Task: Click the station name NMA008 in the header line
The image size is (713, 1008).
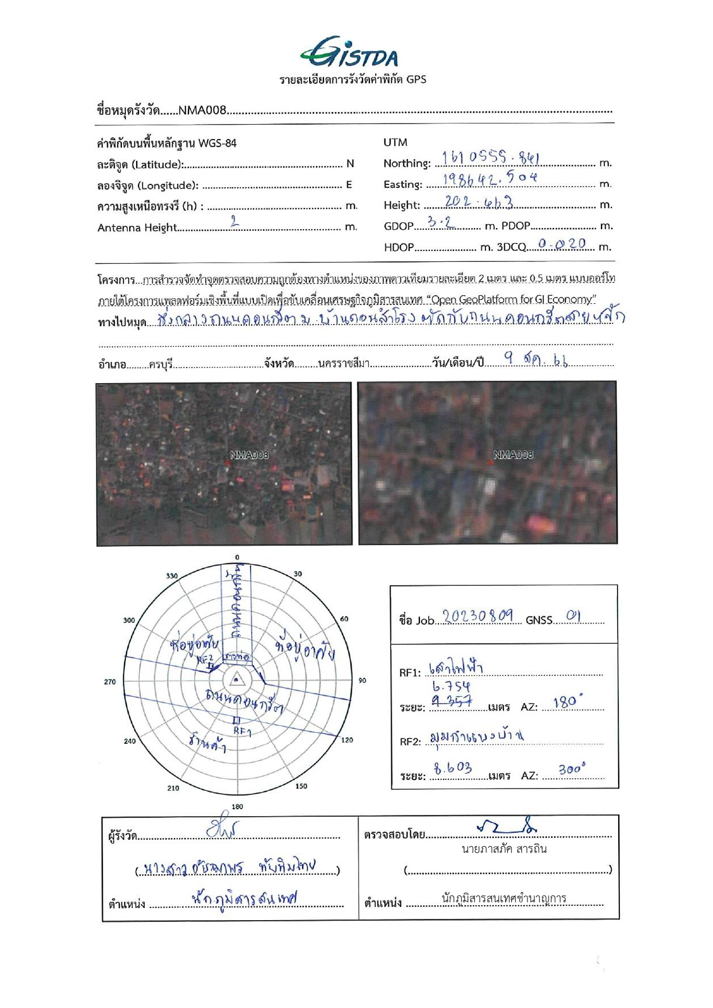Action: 202,110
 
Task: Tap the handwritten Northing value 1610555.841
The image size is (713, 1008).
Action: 490,157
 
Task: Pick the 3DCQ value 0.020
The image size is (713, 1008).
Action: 562,244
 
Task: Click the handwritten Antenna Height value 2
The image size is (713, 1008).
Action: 234,222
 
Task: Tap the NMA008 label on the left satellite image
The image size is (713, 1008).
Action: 249,455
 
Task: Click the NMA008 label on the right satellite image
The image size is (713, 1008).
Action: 513,455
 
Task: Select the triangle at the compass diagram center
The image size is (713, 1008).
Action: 236,681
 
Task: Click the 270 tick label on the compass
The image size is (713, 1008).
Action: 110,682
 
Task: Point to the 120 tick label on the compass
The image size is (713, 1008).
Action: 347,740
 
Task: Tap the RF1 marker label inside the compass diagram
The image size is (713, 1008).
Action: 242,732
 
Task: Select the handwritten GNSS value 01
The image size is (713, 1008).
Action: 573,616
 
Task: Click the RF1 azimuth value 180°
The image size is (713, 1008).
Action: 568,702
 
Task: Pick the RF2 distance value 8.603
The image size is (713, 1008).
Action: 453,768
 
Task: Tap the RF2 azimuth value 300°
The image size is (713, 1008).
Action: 572,769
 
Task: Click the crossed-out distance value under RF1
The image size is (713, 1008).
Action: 452,701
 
